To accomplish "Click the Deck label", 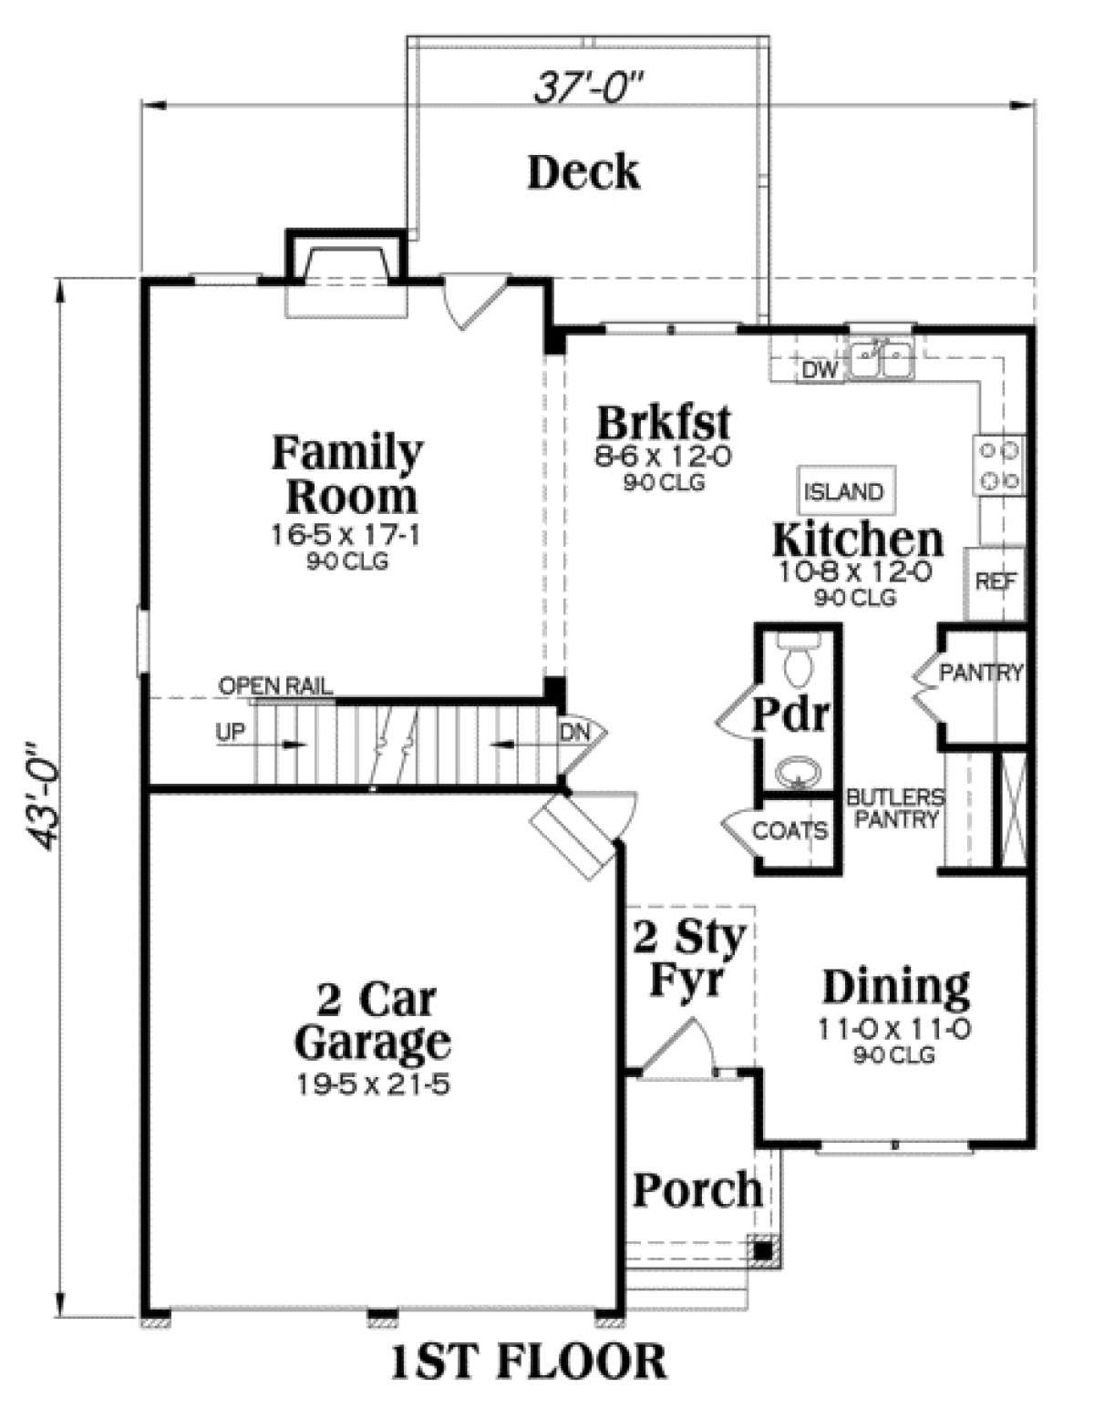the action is tap(584, 172).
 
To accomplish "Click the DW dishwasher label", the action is tap(820, 371).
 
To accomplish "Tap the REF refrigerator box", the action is tap(996, 582).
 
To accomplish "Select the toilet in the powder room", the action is tap(799, 661).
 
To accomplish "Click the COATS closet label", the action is tap(790, 830).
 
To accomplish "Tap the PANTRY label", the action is tap(981, 672).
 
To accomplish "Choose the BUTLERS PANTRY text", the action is tap(895, 808).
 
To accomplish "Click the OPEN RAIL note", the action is tap(275, 685).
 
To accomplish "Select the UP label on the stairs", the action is tap(231, 733).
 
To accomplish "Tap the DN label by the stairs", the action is tap(575, 733).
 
